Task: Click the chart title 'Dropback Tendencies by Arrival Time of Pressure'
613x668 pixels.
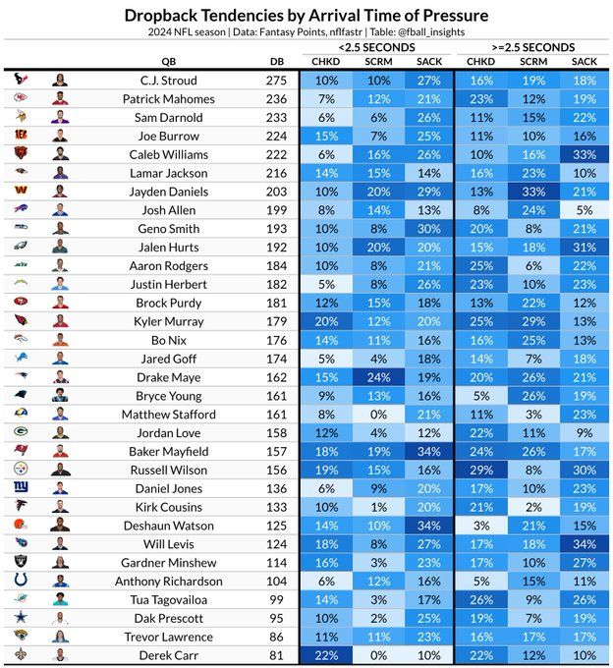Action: point(306,16)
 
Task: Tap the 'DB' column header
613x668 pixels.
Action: point(277,62)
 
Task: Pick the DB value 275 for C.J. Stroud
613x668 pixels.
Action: point(277,81)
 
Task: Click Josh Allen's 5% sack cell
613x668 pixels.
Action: point(584,210)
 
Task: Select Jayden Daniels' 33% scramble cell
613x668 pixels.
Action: point(532,192)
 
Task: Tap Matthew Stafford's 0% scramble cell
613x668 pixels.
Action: point(377,415)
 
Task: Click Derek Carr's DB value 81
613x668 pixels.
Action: point(277,655)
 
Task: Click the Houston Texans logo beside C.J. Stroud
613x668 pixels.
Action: point(22,81)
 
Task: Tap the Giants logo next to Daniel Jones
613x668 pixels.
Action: point(22,488)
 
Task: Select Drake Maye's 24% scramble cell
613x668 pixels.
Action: point(377,377)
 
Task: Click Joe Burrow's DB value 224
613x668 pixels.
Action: point(277,136)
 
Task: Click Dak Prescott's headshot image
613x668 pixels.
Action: point(61,618)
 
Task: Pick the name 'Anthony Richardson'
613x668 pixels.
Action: point(161,581)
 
